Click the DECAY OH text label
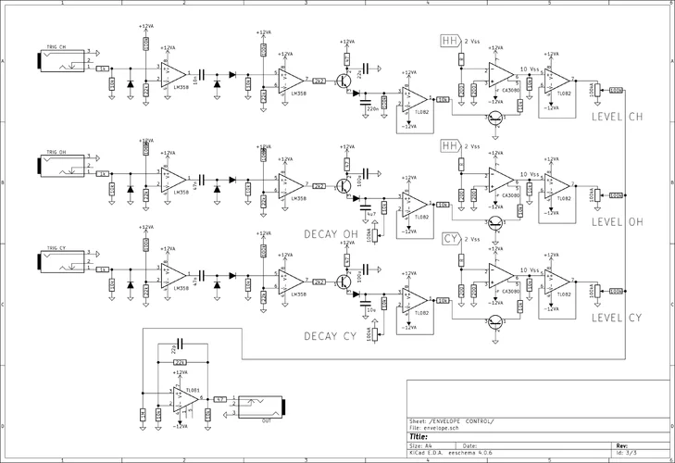point(329,234)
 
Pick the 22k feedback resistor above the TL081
point(180,361)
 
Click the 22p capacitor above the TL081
point(180,344)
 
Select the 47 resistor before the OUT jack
point(220,399)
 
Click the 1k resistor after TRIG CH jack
point(102,68)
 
